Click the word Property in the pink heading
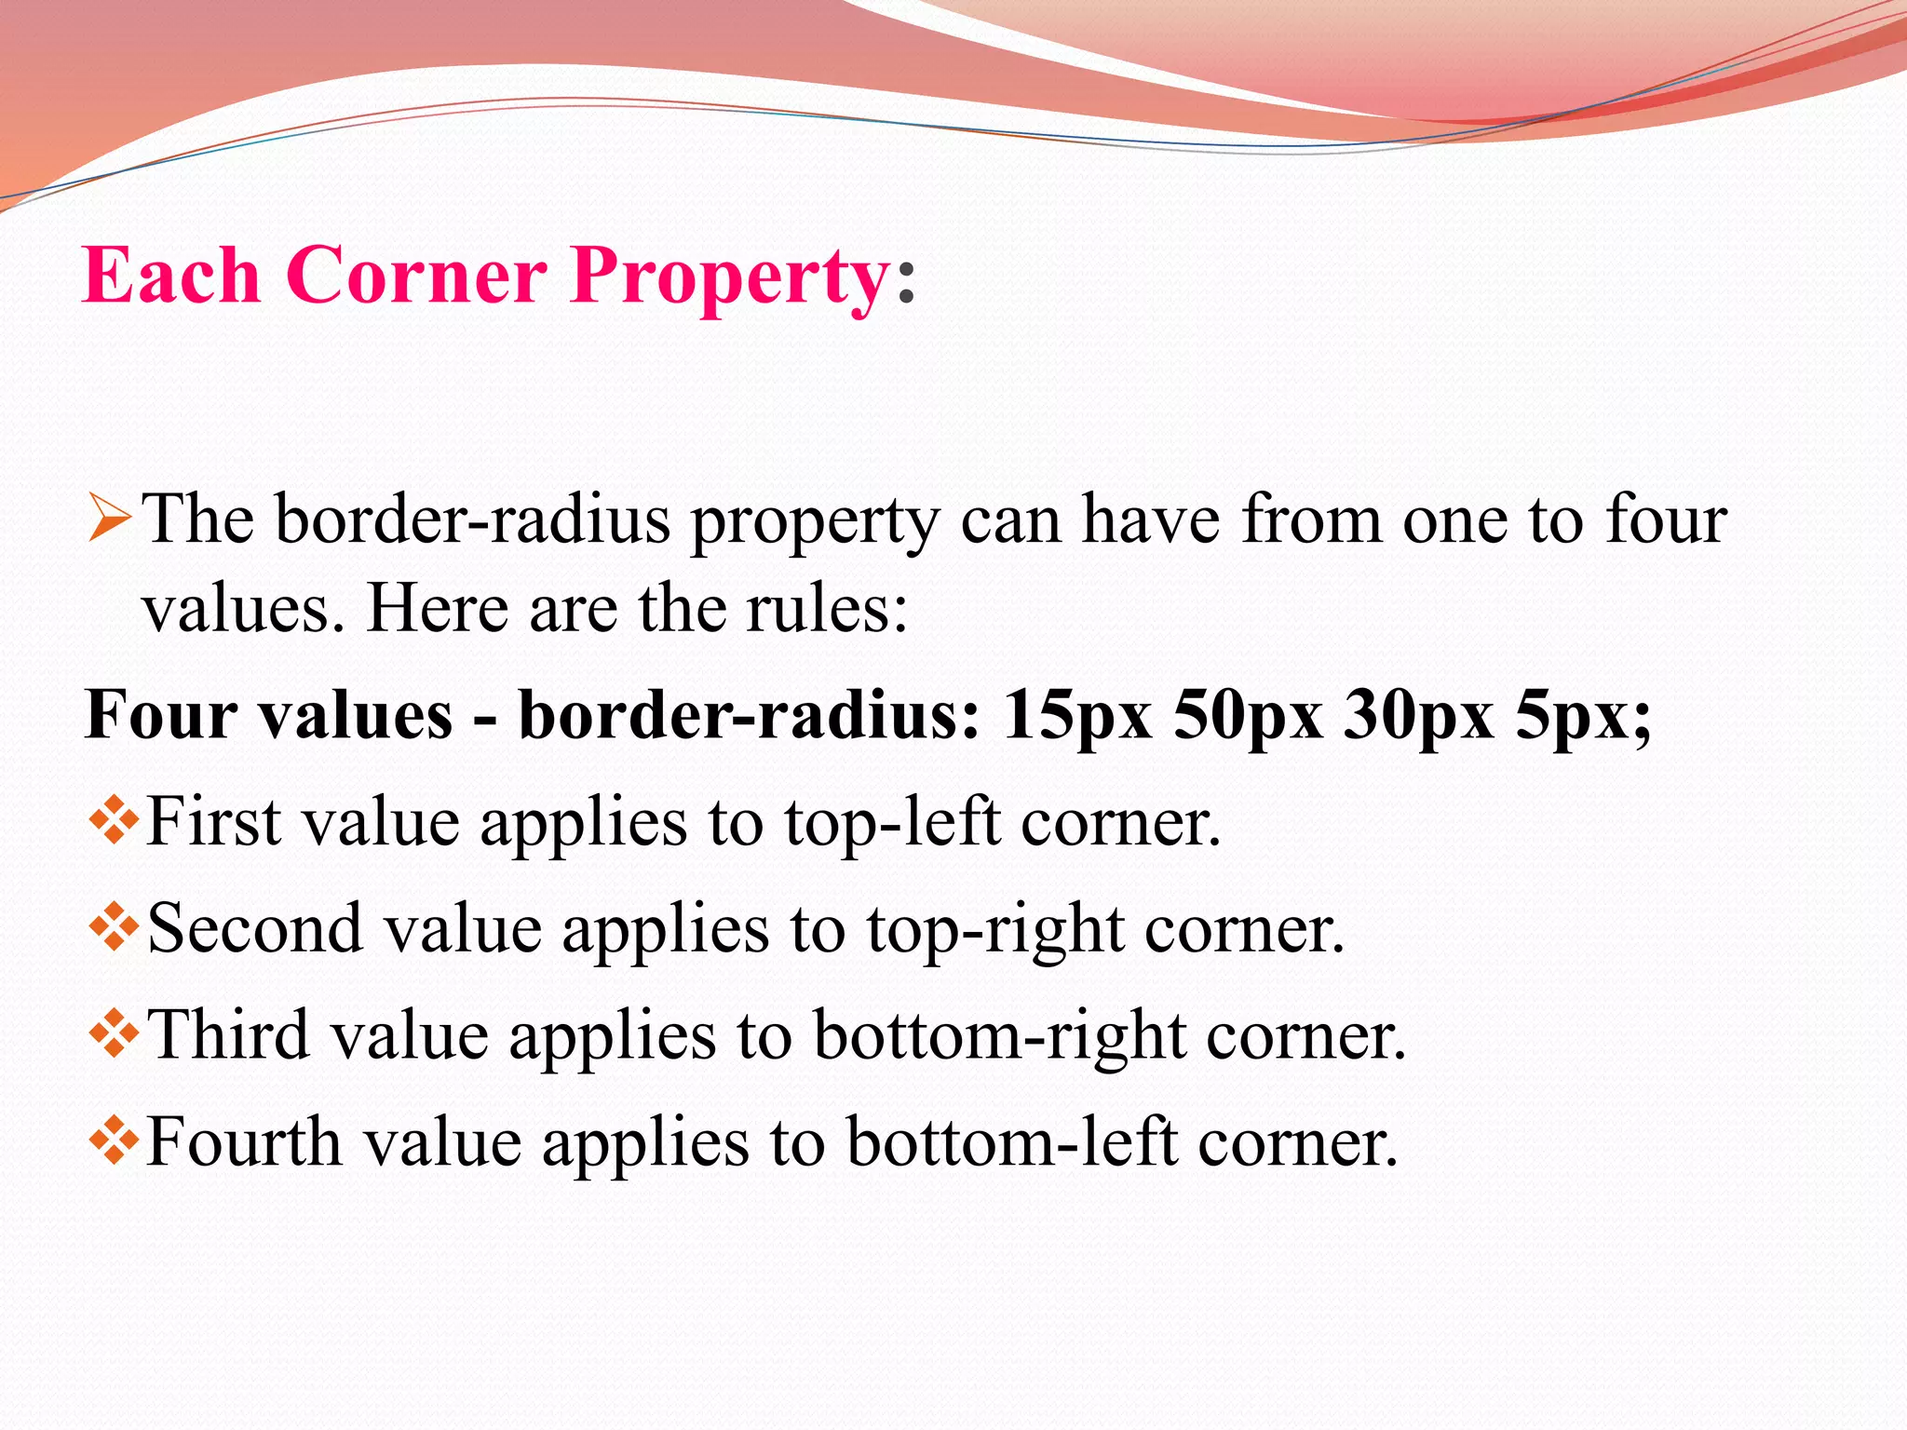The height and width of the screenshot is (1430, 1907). point(731,277)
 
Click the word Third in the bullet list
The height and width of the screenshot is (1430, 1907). point(229,1034)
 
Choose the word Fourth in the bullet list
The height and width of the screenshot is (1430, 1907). point(244,1141)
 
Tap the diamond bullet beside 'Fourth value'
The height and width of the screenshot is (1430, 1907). point(114,1141)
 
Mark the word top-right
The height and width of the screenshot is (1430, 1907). point(995,930)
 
